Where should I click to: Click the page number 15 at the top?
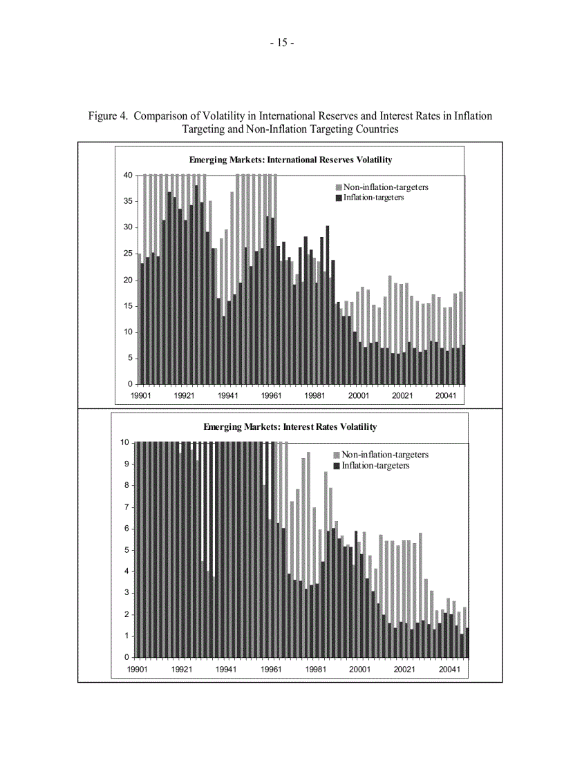pyautogui.click(x=282, y=43)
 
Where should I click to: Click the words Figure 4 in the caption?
pyautogui.click(x=108, y=116)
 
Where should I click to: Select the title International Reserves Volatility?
pyautogui.click(x=290, y=160)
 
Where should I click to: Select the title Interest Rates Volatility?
pyautogui.click(x=290, y=427)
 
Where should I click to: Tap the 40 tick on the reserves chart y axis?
pyautogui.click(x=129, y=176)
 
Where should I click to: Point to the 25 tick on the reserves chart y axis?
pyautogui.click(x=129, y=254)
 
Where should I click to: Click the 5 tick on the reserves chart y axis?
pyautogui.click(x=131, y=358)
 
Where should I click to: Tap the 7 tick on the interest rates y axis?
pyautogui.click(x=126, y=507)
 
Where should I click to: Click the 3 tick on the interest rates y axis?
pyautogui.click(x=126, y=593)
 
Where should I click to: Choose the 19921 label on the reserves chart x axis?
pyautogui.click(x=184, y=396)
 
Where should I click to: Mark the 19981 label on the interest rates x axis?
pyautogui.click(x=315, y=670)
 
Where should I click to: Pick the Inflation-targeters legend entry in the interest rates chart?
pyautogui.click(x=375, y=466)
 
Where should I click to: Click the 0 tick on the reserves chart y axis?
pyautogui.click(x=131, y=384)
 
